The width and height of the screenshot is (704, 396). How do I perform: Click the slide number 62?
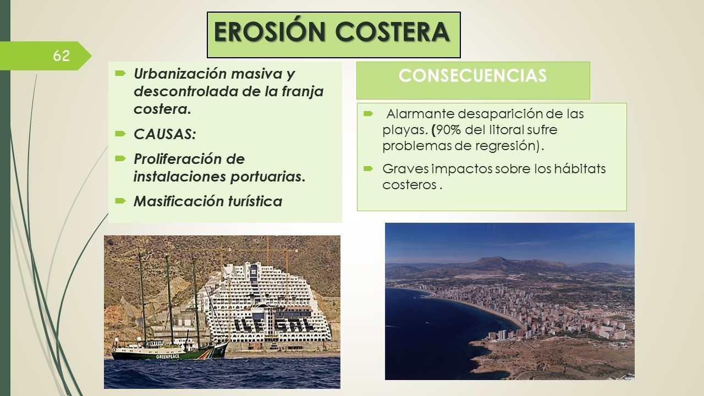61,56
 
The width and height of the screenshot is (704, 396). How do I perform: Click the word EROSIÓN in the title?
269,32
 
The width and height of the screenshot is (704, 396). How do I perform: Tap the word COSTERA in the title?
392,32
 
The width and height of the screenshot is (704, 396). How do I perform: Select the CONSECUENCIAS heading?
472,76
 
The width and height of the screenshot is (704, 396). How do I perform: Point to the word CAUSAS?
164,134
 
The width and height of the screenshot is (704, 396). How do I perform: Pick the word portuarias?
268,177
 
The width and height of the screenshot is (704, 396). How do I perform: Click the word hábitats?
580,169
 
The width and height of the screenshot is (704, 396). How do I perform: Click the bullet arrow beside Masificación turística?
120,201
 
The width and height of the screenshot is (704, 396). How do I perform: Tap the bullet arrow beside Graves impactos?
369,169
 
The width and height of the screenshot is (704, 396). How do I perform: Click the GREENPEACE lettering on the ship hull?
168,357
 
